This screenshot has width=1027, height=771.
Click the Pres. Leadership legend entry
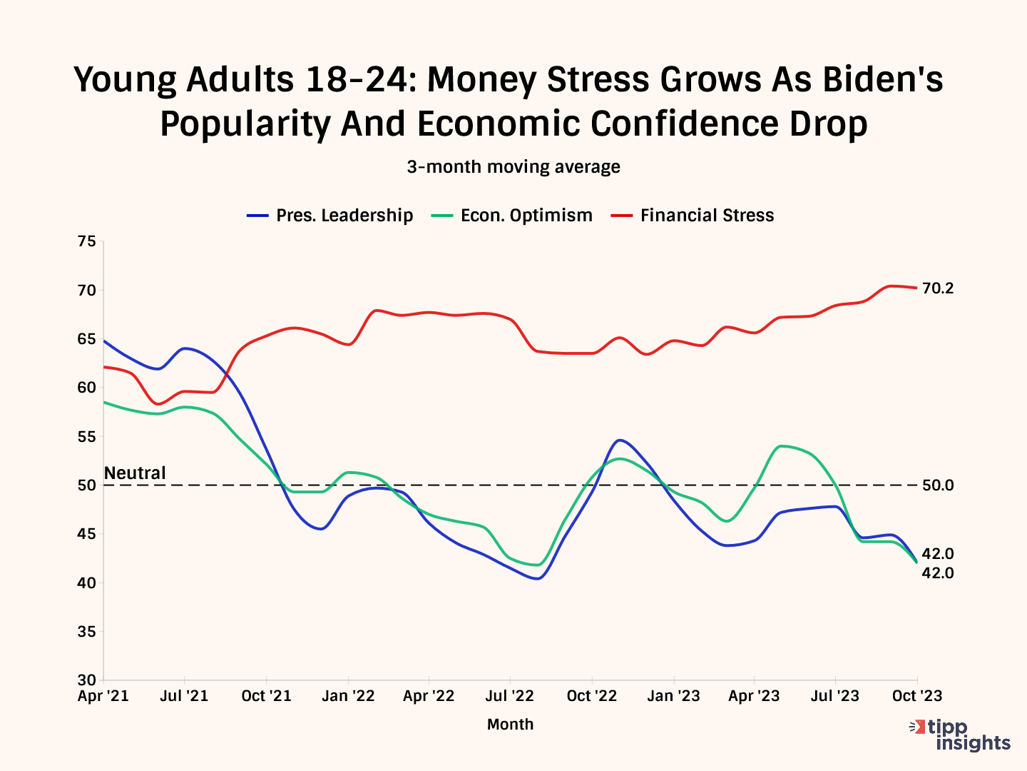tap(330, 216)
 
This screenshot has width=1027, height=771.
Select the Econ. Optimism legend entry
tap(512, 216)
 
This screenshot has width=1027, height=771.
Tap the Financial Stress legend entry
tap(693, 216)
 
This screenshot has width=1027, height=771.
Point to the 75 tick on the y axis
tap(86, 241)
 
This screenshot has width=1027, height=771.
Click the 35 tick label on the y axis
tap(86, 632)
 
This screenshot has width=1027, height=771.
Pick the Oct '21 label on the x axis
tap(266, 696)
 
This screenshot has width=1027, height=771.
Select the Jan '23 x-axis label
tap(674, 696)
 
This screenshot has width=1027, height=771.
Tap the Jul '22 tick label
tap(510, 696)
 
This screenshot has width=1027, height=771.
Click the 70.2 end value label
tap(938, 288)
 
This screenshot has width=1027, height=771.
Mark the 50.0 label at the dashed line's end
tap(938, 485)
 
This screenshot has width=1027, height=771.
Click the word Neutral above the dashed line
tap(135, 473)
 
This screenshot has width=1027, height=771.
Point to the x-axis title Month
tap(510, 725)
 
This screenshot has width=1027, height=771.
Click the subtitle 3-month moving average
tap(513, 167)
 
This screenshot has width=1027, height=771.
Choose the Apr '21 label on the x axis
tap(103, 696)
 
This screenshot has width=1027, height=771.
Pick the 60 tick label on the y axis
tap(86, 388)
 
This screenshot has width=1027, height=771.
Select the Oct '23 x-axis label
tap(917, 696)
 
